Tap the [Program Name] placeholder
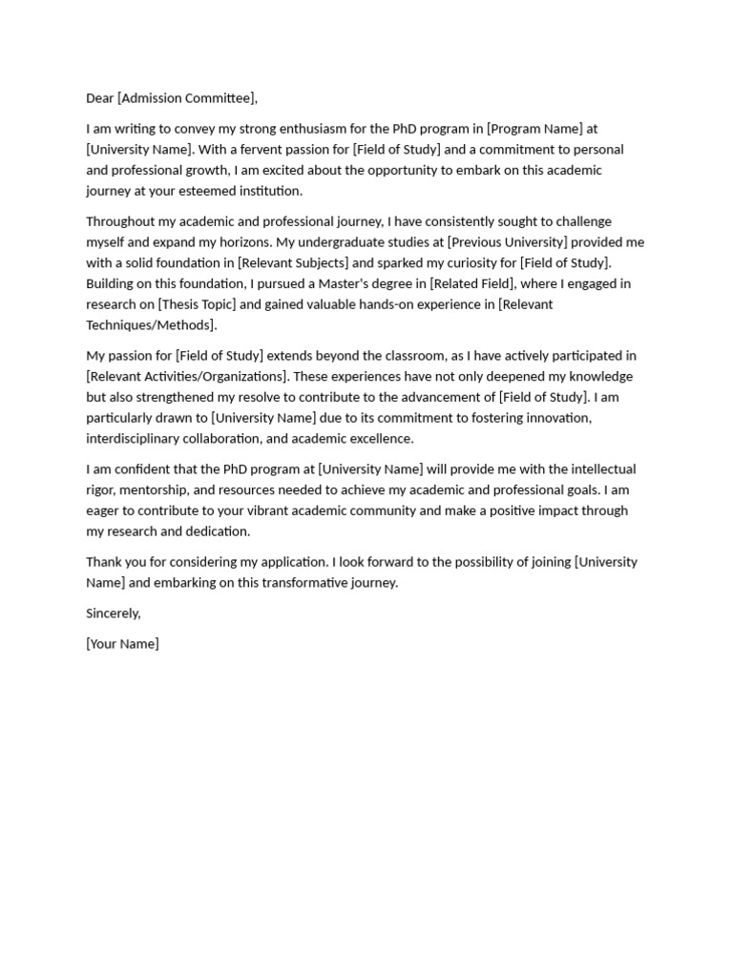(x=535, y=129)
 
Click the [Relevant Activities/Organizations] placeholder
(x=187, y=377)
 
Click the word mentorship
(x=156, y=490)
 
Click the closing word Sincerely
(x=113, y=613)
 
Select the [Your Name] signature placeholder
(x=122, y=644)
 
